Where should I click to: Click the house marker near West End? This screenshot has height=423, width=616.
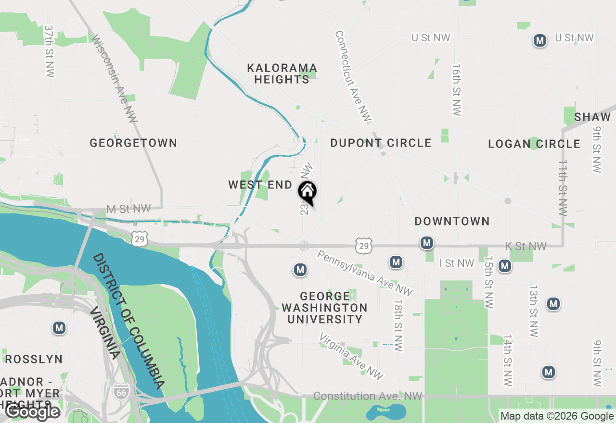pyautogui.click(x=308, y=192)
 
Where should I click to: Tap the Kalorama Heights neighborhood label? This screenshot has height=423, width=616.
pyautogui.click(x=282, y=74)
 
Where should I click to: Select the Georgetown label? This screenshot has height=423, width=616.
pyautogui.click(x=133, y=143)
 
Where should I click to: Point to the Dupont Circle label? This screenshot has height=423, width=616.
pyautogui.click(x=381, y=143)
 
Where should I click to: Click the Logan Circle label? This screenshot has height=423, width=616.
pyautogui.click(x=534, y=144)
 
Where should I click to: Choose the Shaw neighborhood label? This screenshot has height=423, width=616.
pyautogui.click(x=592, y=117)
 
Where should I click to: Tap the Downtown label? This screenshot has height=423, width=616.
pyautogui.click(x=452, y=221)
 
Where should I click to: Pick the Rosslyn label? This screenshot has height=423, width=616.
pyautogui.click(x=34, y=359)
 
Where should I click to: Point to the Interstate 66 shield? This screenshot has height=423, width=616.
pyautogui.click(x=120, y=391)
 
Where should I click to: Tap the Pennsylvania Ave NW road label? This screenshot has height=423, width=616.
pyautogui.click(x=365, y=272)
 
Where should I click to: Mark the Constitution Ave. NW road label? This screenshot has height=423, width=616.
pyautogui.click(x=368, y=396)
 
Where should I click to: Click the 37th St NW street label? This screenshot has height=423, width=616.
pyautogui.click(x=49, y=51)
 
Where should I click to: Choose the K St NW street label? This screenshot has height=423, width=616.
pyautogui.click(x=526, y=246)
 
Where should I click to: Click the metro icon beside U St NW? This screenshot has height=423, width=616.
pyautogui.click(x=540, y=41)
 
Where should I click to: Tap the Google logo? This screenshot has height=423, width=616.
pyautogui.click(x=32, y=411)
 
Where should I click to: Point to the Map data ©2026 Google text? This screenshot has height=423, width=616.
pyautogui.click(x=557, y=416)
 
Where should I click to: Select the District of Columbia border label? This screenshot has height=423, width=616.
pyautogui.click(x=128, y=321)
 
